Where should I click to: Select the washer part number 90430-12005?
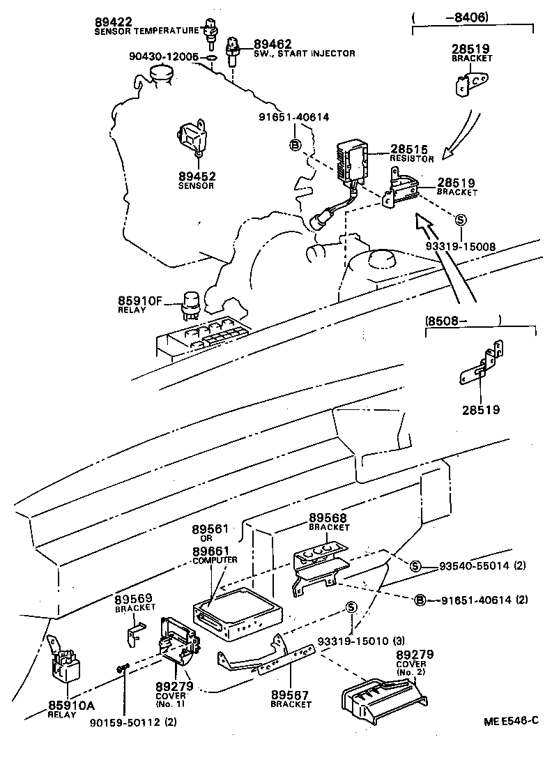pyautogui.click(x=164, y=56)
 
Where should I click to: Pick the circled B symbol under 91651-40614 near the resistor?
pyautogui.click(x=296, y=144)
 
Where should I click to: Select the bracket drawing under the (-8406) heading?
pyautogui.click(x=470, y=86)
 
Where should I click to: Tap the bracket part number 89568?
pyautogui.click(x=328, y=519)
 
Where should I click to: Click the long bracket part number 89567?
pyautogui.click(x=290, y=695)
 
